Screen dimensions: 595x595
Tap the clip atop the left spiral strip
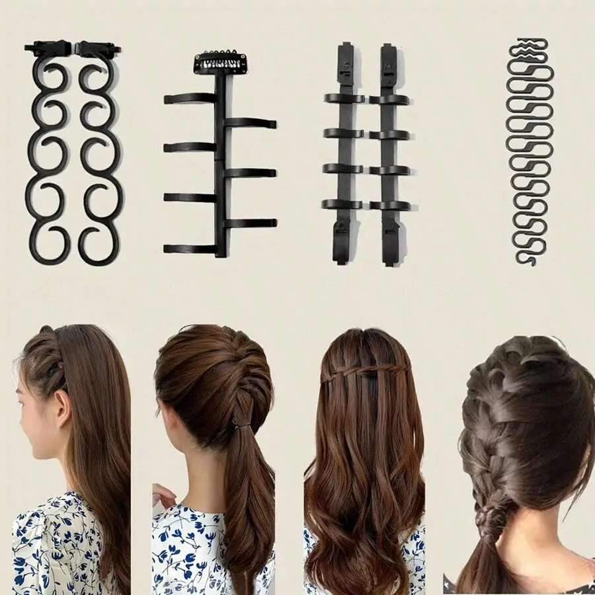click(x=48, y=48)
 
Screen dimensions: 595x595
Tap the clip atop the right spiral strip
click(x=97, y=48)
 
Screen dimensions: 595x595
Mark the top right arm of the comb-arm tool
click(x=251, y=123)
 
